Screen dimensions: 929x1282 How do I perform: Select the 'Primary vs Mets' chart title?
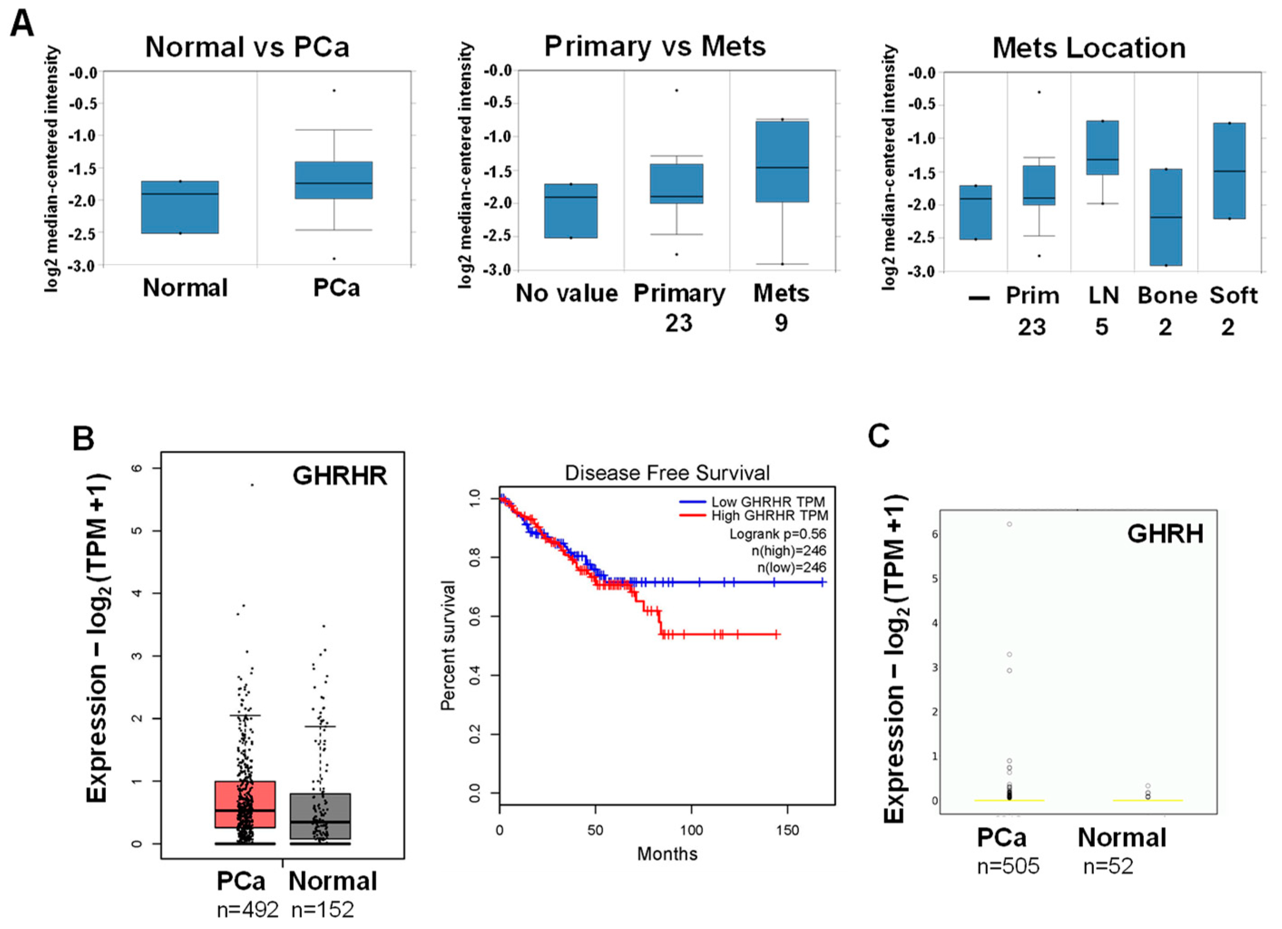pyautogui.click(x=655, y=46)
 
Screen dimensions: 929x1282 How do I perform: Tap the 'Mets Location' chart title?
pyautogui.click(x=1089, y=49)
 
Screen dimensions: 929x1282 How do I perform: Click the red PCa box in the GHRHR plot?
pyautogui.click(x=245, y=804)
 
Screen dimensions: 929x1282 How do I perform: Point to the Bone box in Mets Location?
pyautogui.click(x=1165, y=217)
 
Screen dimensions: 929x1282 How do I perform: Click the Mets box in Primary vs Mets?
pyautogui.click(x=783, y=161)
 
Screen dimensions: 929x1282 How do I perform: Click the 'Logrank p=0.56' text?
pyautogui.click(x=777, y=534)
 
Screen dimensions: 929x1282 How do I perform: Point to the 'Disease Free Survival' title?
pyautogui.click(x=667, y=473)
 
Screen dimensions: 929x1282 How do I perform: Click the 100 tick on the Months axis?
pyautogui.click(x=691, y=831)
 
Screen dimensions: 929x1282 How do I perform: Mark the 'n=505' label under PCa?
pyautogui.click(x=1008, y=866)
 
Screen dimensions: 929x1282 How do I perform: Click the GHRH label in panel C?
pyautogui.click(x=1165, y=534)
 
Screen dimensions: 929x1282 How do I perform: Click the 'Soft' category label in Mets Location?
pyautogui.click(x=1233, y=296)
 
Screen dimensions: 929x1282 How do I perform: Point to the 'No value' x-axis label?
pyautogui.click(x=567, y=294)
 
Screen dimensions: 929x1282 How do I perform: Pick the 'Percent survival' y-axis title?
pyautogui.click(x=448, y=645)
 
